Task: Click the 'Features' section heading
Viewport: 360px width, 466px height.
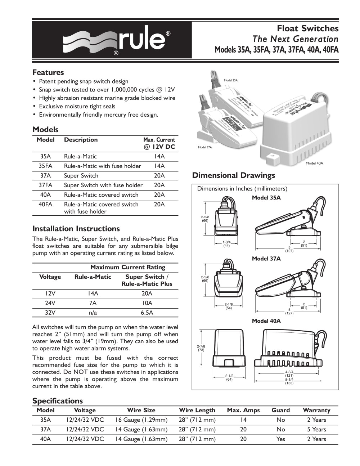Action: tap(48, 72)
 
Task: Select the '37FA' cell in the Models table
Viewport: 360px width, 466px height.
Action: tap(46, 185)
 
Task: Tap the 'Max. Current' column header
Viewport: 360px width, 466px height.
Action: tap(159, 140)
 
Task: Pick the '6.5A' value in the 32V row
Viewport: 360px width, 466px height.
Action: tap(147, 313)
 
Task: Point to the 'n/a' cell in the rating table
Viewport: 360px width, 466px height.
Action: tap(93, 313)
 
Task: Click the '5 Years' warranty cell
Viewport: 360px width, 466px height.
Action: tap(316, 429)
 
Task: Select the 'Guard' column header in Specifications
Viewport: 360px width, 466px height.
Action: tap(280, 410)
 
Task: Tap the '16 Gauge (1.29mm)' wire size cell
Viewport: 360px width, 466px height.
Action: tap(141, 420)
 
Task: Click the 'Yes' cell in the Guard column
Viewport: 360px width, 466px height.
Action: tap(280, 439)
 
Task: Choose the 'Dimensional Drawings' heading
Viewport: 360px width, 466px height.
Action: tap(234, 175)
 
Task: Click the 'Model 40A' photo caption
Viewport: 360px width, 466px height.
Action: tap(314, 163)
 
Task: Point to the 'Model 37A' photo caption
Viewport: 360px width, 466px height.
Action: tap(205, 148)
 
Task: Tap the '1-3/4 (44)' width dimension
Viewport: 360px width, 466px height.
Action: tap(226, 243)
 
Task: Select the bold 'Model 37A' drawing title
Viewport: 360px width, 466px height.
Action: tap(266, 259)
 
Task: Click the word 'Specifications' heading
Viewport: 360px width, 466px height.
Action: tap(57, 401)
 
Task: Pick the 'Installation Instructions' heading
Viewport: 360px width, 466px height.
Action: tap(76, 229)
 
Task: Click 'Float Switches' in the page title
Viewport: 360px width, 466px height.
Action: tap(307, 28)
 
